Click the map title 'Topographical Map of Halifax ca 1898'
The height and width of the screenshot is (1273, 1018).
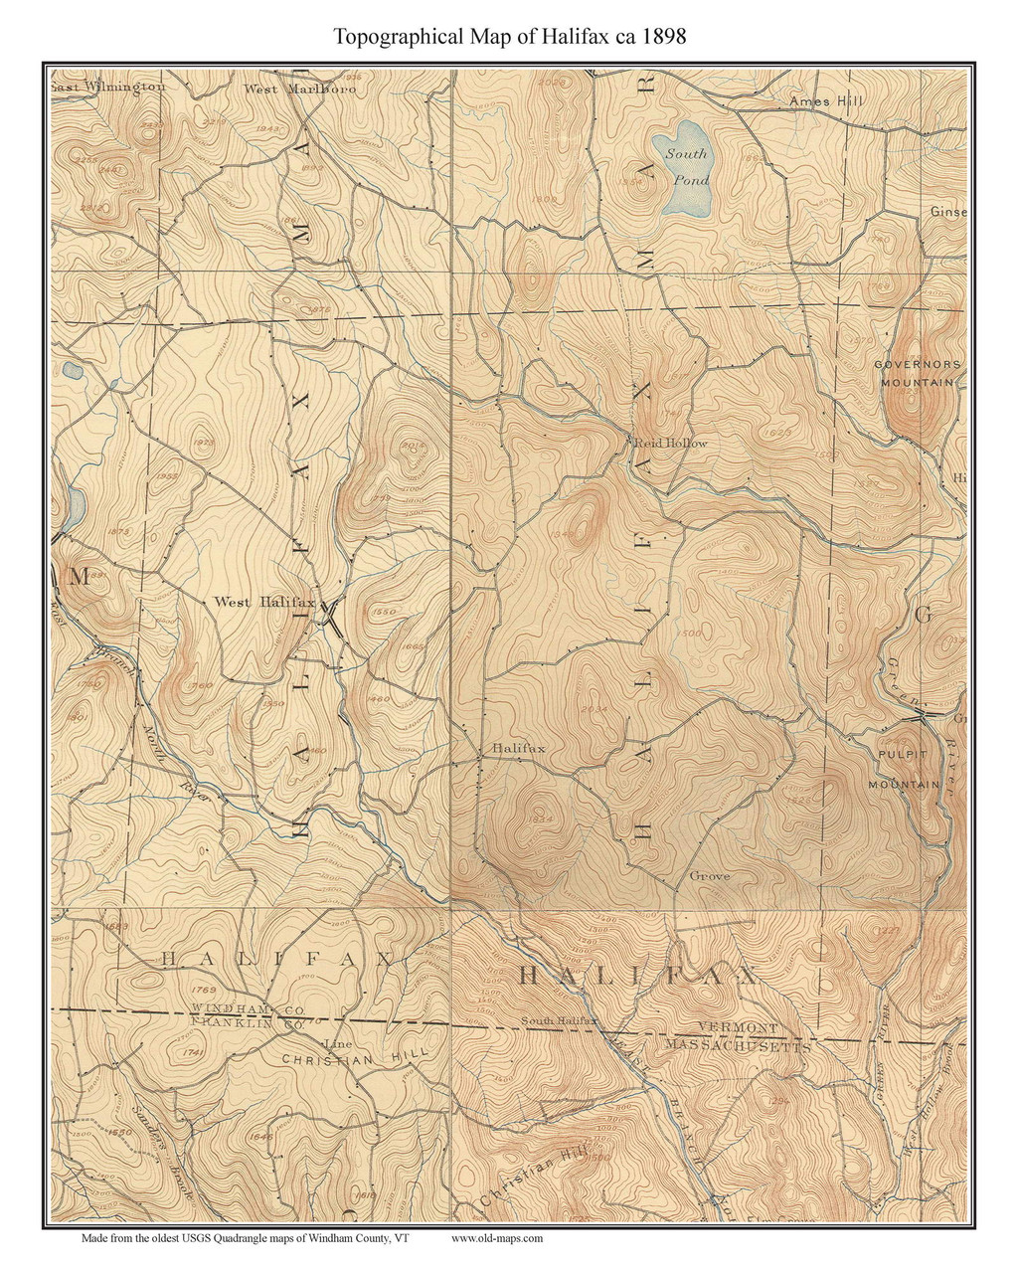tap(509, 37)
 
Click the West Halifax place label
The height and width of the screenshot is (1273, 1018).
tap(264, 602)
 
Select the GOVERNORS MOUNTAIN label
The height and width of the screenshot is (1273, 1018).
tap(917, 373)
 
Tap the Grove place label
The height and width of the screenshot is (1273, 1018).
tap(709, 876)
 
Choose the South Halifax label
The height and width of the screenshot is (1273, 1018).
tap(558, 1020)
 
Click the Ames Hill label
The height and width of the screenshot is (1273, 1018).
tap(826, 101)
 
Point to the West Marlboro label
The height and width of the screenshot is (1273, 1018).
tap(299, 89)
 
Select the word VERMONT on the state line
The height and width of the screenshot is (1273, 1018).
tap(737, 1027)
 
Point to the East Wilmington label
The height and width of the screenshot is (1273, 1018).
tap(107, 86)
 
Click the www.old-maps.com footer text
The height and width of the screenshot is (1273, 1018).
tap(497, 1238)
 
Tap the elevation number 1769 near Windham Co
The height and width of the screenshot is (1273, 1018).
tap(201, 990)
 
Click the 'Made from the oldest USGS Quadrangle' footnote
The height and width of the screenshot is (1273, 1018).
tap(245, 1238)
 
